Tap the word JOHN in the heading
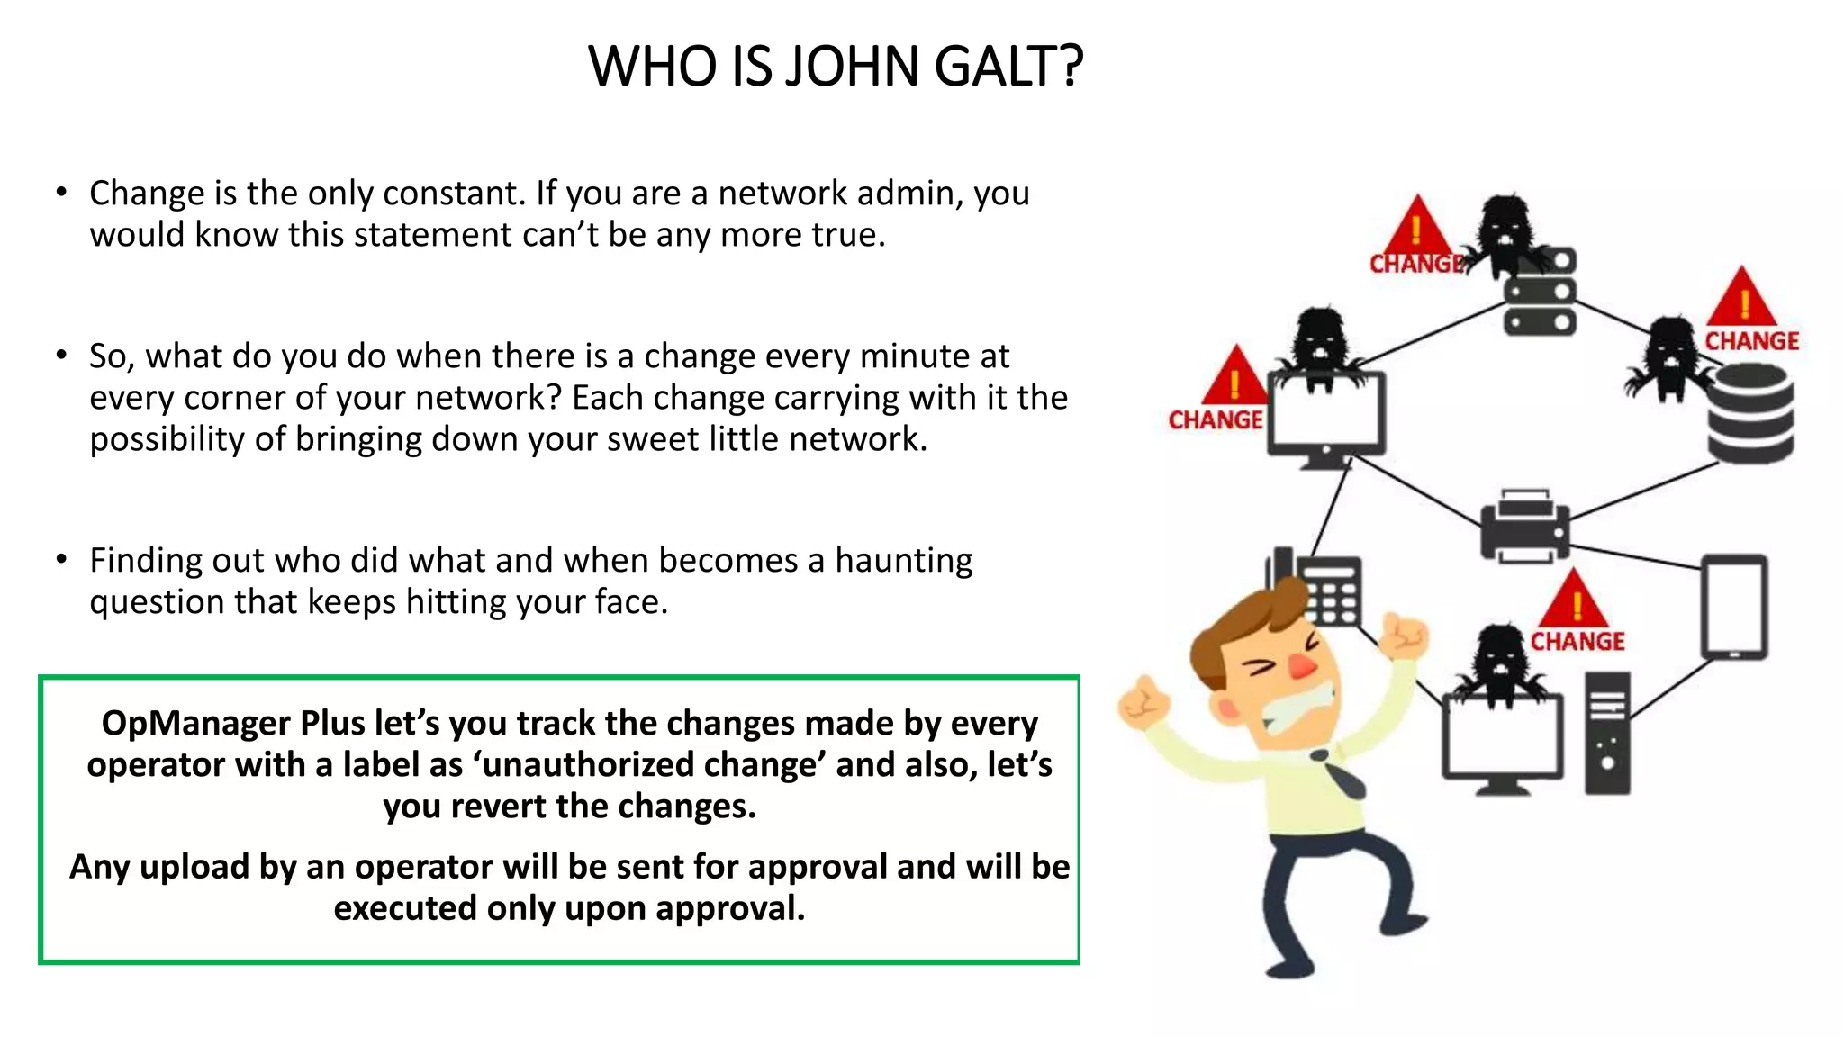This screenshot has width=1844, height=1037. [x=852, y=67]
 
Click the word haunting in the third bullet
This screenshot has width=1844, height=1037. [x=903, y=560]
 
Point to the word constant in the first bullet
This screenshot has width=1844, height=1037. [x=454, y=194]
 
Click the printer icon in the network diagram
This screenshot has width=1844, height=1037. [x=1524, y=527]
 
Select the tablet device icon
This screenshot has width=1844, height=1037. [x=1733, y=607]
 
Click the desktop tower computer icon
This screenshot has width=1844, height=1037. [x=1607, y=734]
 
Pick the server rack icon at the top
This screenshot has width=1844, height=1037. [x=1541, y=293]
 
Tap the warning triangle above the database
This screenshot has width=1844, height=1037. [x=1742, y=298]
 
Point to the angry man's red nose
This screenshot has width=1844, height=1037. [x=1301, y=667]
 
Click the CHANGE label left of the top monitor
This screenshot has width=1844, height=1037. [x=1215, y=420]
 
